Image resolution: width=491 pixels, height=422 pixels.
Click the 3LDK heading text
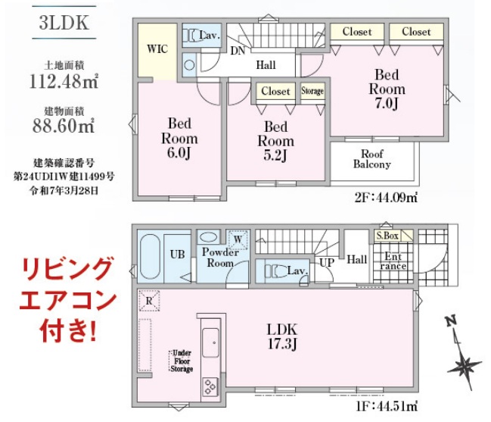pos(64,23)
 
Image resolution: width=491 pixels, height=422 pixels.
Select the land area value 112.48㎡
pos(64,81)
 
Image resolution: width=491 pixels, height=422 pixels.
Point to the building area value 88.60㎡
pos(64,126)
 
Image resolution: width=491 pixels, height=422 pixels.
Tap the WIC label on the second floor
pos(157,49)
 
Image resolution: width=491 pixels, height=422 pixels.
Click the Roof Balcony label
pos(372,159)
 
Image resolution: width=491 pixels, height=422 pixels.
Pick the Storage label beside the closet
pos(312,91)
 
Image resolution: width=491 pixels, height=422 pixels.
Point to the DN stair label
pos(238,51)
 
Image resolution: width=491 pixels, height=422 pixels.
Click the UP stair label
pos(327,262)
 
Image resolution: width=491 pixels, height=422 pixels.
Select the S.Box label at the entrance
pos(387,236)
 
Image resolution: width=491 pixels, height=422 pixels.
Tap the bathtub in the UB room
pos(151,257)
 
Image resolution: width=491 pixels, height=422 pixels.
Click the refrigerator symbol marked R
pos(149,301)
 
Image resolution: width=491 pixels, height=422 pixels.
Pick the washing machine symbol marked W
pos(238,240)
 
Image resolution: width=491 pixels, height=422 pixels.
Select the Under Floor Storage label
pos(182,361)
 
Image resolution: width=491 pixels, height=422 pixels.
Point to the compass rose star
pos(464,366)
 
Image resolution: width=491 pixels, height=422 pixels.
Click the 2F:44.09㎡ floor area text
pos(386,198)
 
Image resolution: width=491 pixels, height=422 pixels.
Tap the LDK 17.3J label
pos(282,336)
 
